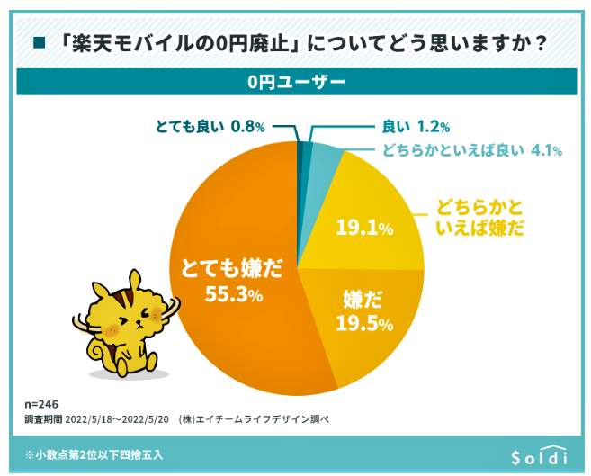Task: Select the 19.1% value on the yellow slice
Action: click(x=364, y=229)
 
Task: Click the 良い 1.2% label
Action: click(x=416, y=126)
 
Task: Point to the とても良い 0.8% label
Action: click(x=208, y=126)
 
